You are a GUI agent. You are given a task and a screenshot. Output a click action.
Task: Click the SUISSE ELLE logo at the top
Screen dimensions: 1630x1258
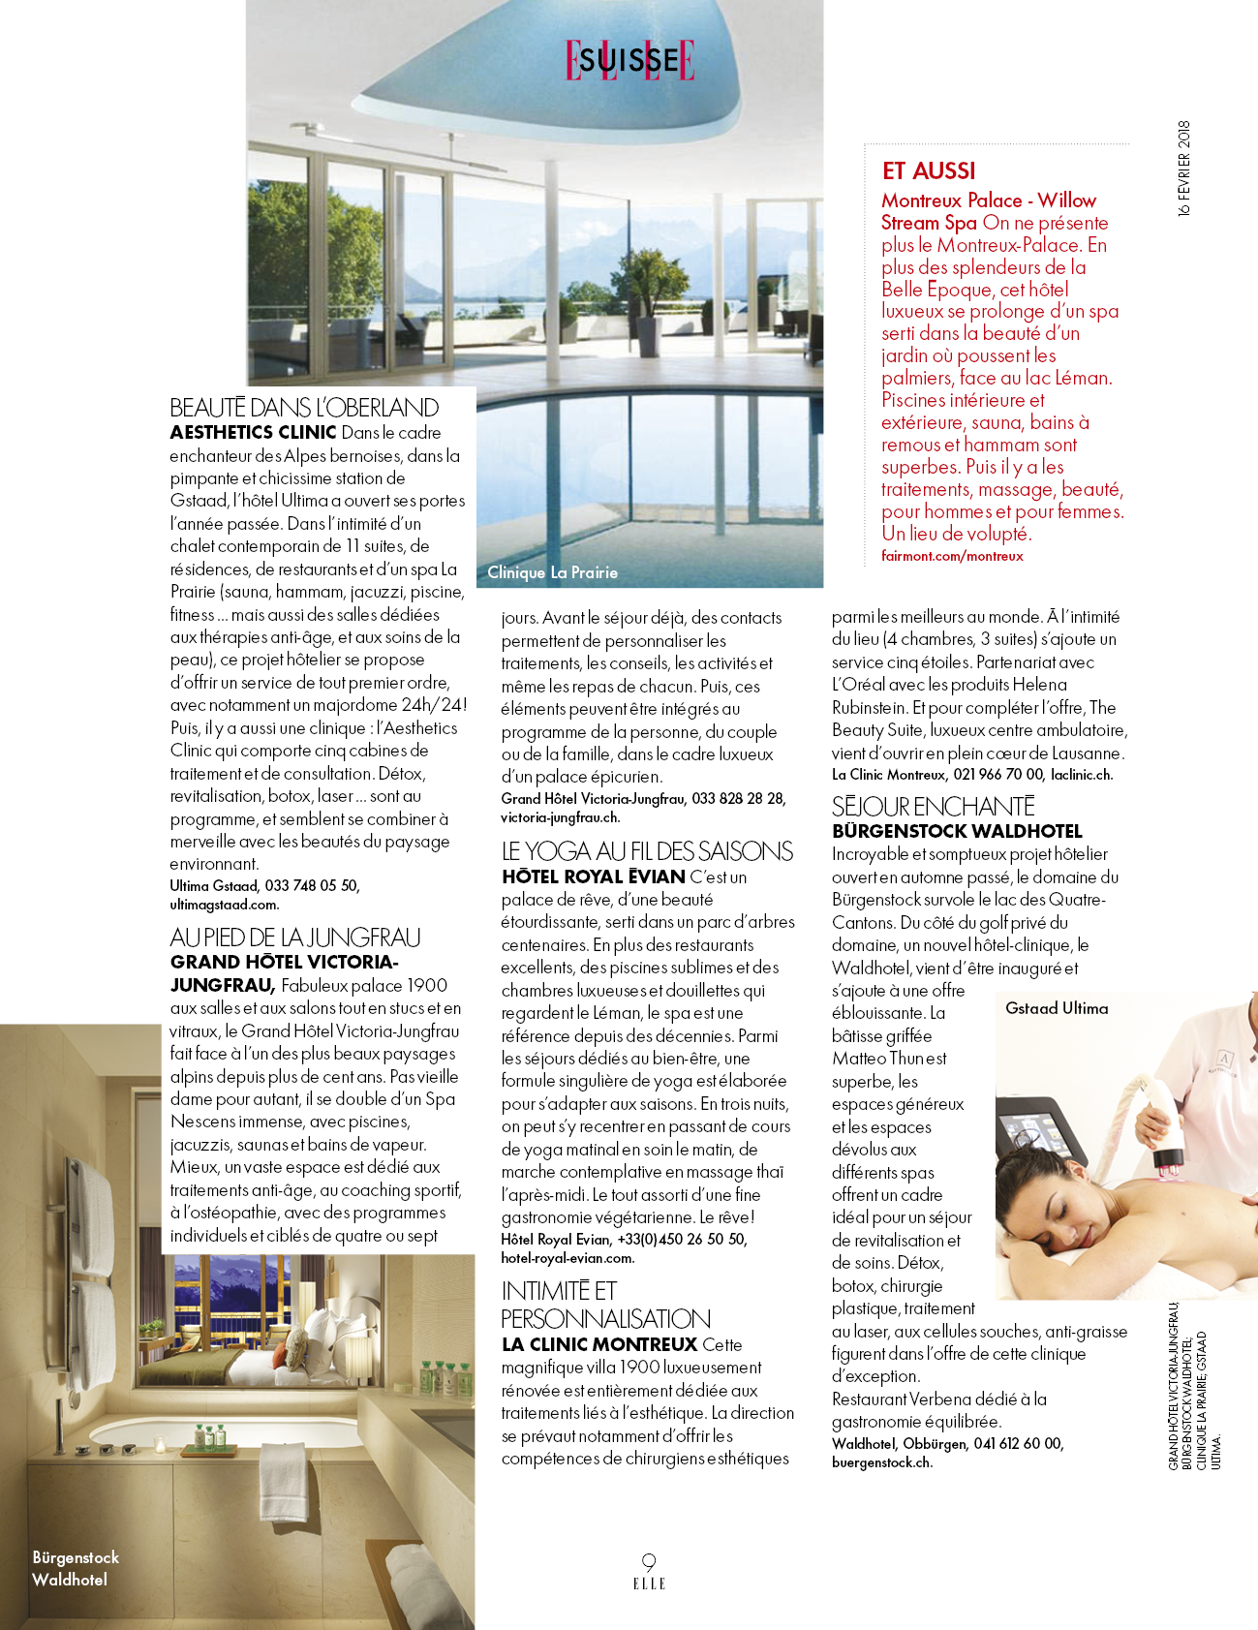tap(630, 61)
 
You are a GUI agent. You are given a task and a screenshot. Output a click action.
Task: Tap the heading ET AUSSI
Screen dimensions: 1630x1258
tap(929, 171)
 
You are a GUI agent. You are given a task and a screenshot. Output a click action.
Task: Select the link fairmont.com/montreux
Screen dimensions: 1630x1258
tap(952, 556)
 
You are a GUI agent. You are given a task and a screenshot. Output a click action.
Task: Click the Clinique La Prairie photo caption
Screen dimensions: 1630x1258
tap(552, 572)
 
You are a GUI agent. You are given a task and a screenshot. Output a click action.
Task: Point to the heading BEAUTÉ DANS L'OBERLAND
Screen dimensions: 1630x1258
tap(304, 408)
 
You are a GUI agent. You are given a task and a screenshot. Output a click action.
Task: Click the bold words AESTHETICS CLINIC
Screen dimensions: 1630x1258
tap(253, 433)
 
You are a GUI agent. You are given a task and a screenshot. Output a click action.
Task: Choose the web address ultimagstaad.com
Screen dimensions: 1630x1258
tap(224, 905)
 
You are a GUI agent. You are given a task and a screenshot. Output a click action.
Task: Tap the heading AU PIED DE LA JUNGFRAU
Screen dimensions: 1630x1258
tap(295, 938)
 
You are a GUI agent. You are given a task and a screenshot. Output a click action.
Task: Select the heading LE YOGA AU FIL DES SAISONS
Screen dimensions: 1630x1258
tap(647, 851)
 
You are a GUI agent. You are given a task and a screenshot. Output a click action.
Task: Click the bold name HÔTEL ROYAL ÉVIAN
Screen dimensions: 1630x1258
tap(594, 877)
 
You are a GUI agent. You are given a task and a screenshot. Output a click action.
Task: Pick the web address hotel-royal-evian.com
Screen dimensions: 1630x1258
tap(568, 1258)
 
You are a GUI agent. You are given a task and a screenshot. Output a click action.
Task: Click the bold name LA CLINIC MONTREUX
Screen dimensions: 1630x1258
tap(599, 1344)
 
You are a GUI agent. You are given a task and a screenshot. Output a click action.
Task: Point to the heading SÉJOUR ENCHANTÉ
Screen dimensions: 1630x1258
tap(934, 806)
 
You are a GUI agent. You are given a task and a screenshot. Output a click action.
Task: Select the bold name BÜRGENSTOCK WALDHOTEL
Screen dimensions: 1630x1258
tap(957, 831)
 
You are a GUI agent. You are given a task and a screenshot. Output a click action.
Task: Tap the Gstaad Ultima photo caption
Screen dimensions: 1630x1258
tap(1057, 1008)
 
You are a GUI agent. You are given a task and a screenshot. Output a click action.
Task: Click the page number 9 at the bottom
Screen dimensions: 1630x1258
tap(649, 1561)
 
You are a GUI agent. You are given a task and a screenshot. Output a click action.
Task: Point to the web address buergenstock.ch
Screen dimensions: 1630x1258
tap(881, 1462)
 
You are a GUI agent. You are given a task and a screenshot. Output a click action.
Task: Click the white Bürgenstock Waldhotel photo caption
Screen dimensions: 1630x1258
tap(76, 1568)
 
